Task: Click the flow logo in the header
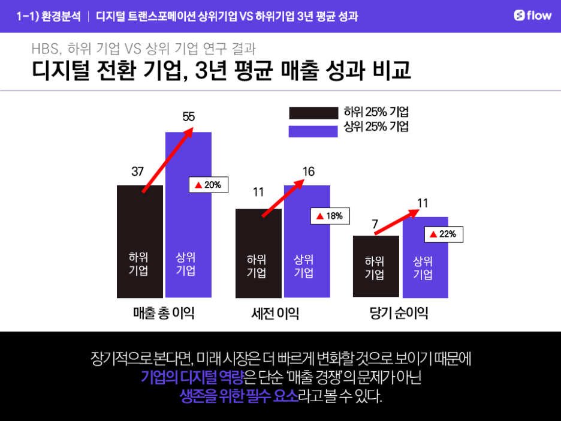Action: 532,16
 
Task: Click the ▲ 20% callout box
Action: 209,185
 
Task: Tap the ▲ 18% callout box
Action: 330,216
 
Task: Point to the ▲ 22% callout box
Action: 444,234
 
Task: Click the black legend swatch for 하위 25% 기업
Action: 313,113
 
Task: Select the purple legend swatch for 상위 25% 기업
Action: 313,131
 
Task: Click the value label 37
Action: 137,172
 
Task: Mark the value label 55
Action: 188,117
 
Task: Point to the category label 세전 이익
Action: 275,314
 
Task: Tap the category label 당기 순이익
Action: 399,314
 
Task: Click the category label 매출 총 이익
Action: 164,313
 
